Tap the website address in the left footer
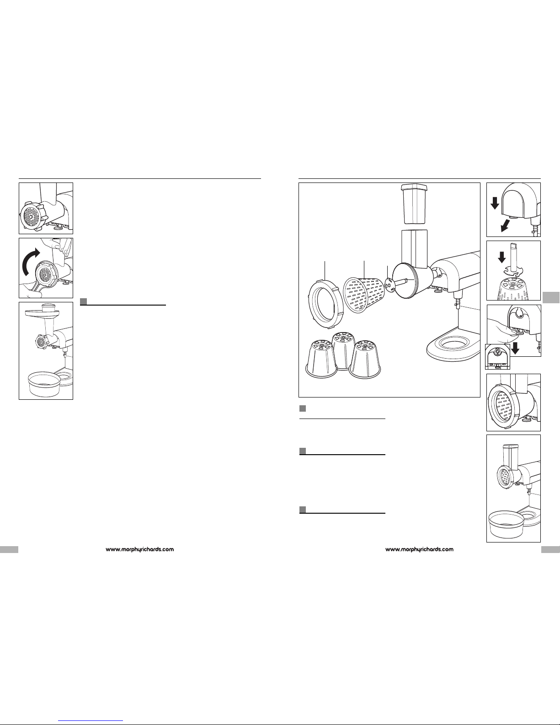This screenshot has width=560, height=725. (140, 549)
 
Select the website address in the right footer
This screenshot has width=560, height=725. (420, 549)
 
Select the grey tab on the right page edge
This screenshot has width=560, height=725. (552, 296)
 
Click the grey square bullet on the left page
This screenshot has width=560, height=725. (84, 301)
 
